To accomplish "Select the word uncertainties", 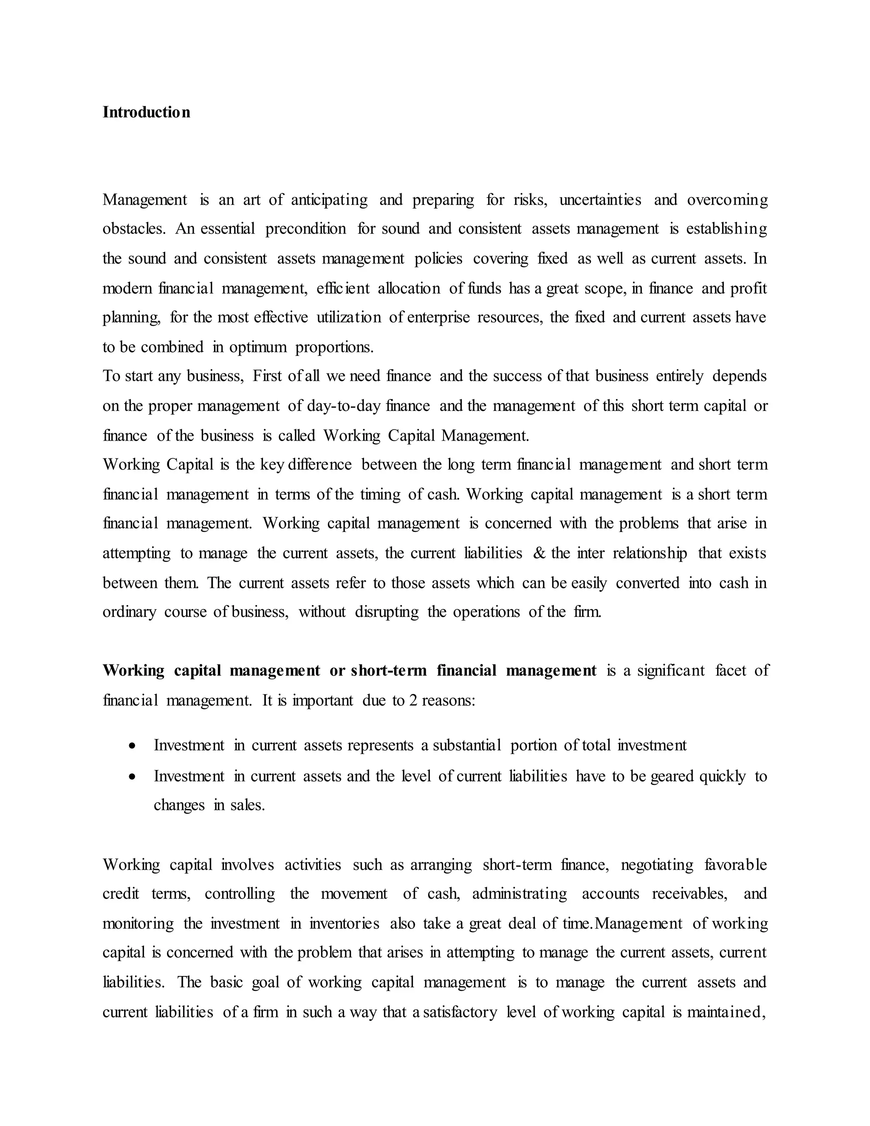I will click(600, 200).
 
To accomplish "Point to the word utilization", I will click(348, 317).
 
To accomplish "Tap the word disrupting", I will click(387, 612).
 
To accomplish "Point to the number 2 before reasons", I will click(413, 701).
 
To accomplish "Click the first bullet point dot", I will click(133, 746).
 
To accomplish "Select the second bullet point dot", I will click(133, 776).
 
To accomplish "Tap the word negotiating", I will click(657, 865).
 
